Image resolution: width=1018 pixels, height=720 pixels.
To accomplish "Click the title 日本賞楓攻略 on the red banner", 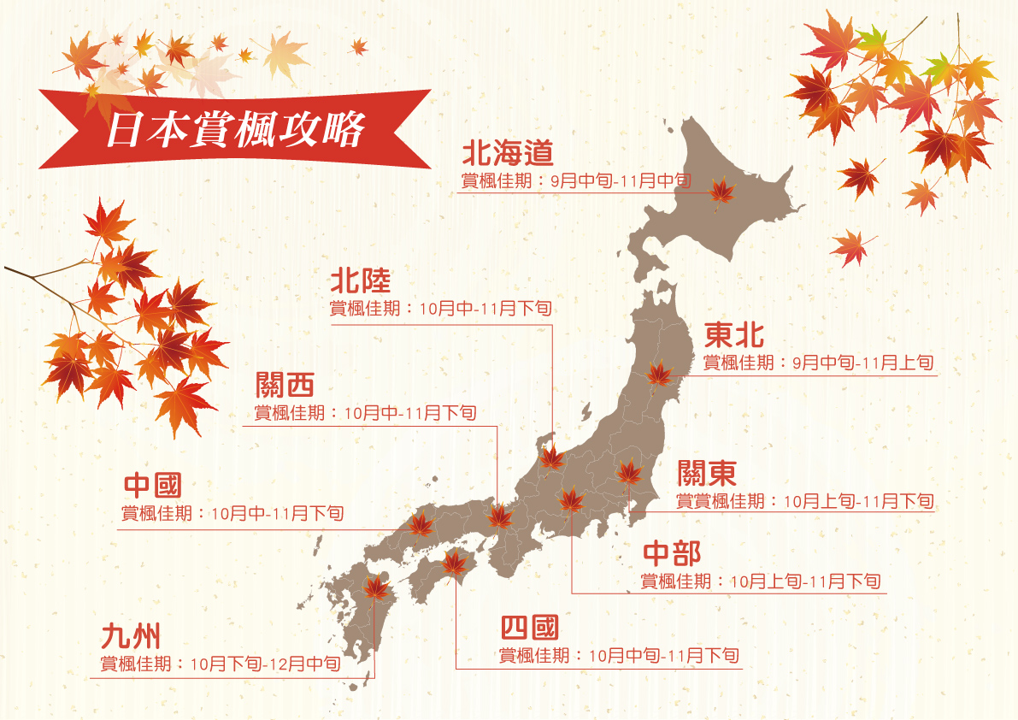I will click(x=235, y=129).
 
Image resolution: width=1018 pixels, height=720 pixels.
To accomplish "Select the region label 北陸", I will click(x=360, y=281).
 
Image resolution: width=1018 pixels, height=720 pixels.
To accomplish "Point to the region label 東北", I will click(x=733, y=334).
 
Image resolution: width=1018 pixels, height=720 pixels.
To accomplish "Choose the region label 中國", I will click(x=152, y=486).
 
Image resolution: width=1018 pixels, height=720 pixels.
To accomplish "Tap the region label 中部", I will click(x=672, y=553).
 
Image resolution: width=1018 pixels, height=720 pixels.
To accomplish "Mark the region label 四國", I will click(x=529, y=629).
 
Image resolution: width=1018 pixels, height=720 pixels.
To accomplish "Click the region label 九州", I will click(x=130, y=636).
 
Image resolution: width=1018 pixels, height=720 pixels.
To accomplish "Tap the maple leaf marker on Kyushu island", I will click(x=375, y=587).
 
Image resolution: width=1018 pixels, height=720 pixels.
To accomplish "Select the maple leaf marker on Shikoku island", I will click(x=454, y=562).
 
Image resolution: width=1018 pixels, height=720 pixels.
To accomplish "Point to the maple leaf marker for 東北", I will click(x=659, y=374).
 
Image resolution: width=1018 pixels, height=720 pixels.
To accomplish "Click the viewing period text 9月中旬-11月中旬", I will click(x=620, y=181).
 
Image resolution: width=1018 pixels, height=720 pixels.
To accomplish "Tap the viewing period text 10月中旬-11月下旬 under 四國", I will click(x=663, y=656).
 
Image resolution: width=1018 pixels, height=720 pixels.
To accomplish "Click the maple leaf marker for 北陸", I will click(x=552, y=459).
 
